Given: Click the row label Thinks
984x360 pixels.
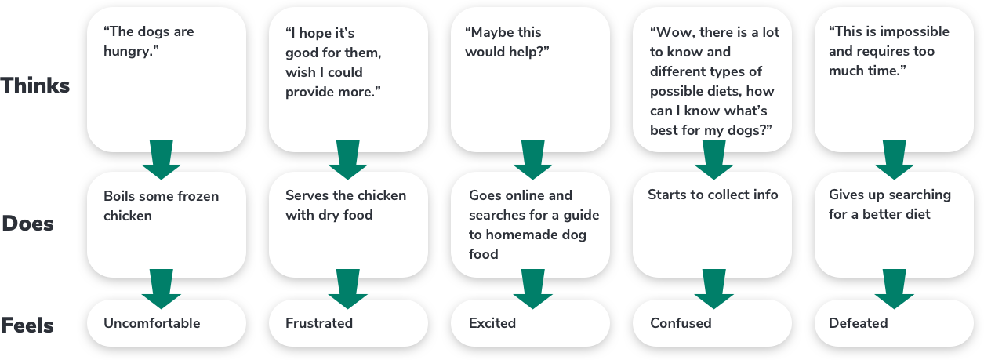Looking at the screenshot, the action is point(35,85).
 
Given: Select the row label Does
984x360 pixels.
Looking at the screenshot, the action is point(27,224).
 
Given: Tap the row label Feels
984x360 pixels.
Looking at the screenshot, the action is point(27,325).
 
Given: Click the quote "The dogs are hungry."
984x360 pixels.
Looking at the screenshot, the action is point(148,42).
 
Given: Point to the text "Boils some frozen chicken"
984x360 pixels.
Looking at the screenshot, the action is point(162,205).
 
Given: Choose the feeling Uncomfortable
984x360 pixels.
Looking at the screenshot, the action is point(152,323).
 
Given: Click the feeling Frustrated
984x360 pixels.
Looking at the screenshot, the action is point(319,323).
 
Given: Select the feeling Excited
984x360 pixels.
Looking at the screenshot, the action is point(492,323).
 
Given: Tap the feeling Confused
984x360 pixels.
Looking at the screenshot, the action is point(681,323).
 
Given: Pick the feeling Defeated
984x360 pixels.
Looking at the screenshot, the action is point(858,323).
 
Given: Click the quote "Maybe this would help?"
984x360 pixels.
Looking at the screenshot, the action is point(507,42).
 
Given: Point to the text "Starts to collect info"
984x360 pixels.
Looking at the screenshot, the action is point(713,195).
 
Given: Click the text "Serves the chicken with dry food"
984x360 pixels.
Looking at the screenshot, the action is point(346,205).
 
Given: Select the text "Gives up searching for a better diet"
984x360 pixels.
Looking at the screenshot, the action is point(890,204).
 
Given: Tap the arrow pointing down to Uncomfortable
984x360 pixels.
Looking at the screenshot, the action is point(162,289).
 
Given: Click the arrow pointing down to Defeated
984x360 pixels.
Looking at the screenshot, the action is point(895,289).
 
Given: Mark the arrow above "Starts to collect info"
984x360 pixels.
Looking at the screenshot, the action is point(713,159).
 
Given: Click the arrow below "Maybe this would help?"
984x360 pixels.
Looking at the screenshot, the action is point(533,159).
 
